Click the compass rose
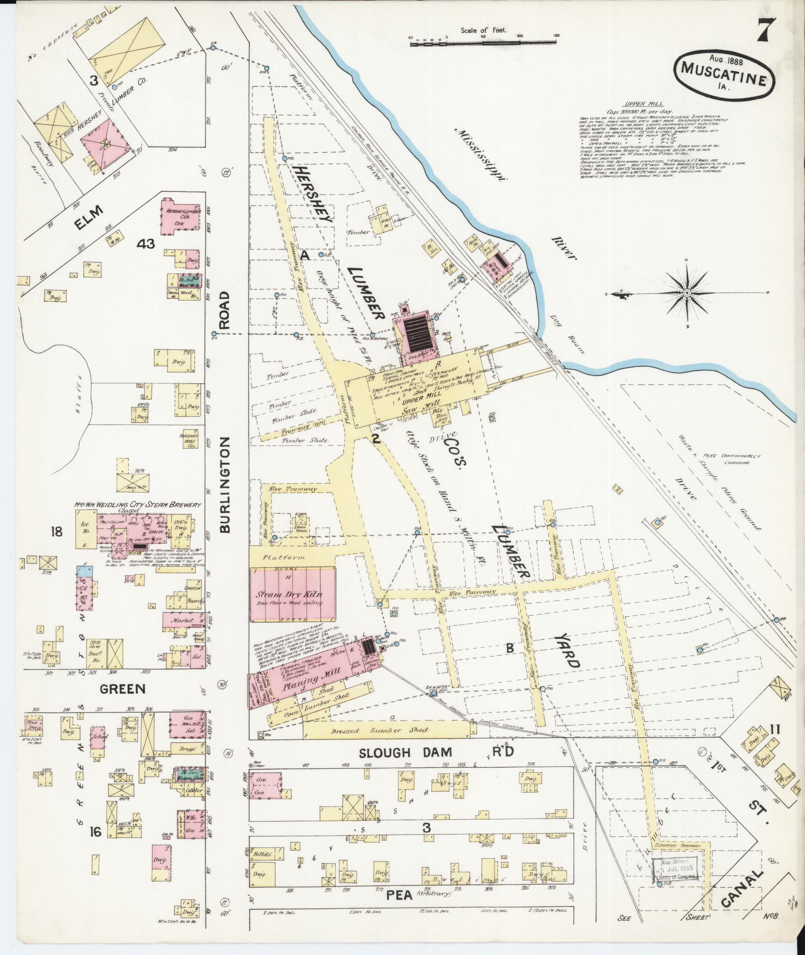tap(687, 292)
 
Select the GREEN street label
tap(122, 689)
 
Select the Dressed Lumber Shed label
tap(387, 730)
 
